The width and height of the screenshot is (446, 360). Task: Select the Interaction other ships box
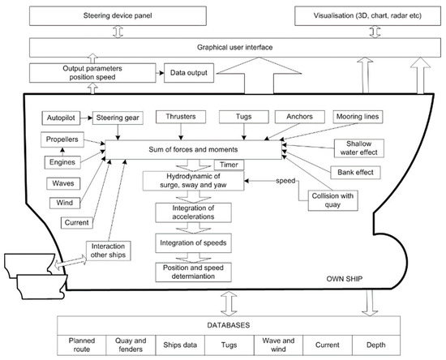coord(109,251)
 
